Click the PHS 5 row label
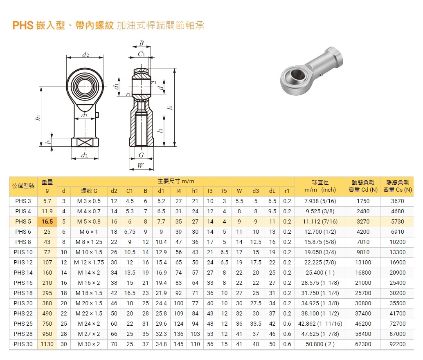pyautogui.click(x=23, y=221)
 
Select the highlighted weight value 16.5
pyautogui.click(x=47, y=221)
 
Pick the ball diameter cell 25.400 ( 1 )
pyautogui.click(x=320, y=273)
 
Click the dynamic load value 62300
pyautogui.click(x=363, y=344)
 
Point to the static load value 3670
pyautogui.click(x=397, y=201)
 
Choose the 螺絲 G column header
pyautogui.click(x=89, y=191)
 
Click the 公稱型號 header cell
pyautogui.click(x=23, y=186)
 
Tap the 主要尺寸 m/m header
pyautogui.click(x=176, y=181)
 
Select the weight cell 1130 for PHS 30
pyautogui.click(x=47, y=344)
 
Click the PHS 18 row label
pyautogui.click(x=23, y=293)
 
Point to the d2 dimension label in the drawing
pyautogui.click(x=85, y=54)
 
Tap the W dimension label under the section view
pyautogui.click(x=141, y=165)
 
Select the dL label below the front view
pyautogui.click(x=85, y=155)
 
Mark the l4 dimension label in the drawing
pyautogui.click(x=171, y=107)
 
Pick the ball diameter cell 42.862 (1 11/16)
pyautogui.click(x=320, y=324)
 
